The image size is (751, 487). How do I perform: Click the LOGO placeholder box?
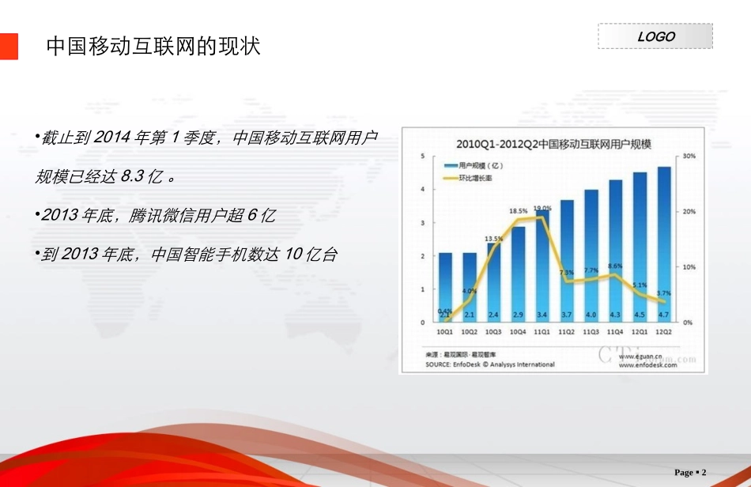pos(655,36)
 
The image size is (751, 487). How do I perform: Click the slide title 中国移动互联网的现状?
pos(153,46)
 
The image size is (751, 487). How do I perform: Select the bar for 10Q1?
pos(446,288)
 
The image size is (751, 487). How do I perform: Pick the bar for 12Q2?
pos(664,245)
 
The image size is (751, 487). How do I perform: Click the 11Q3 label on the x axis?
pos(591,333)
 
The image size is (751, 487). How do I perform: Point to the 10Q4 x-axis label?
pos(518,333)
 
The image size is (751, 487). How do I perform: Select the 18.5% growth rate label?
pos(518,211)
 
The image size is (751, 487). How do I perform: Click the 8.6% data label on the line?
pos(616,266)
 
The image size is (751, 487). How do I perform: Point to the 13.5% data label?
pos(493,238)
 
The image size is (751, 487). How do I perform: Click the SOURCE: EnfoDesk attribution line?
pos(490,364)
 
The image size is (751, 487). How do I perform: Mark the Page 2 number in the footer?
pos(690,473)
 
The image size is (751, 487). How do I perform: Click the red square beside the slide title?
pos(8,46)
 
